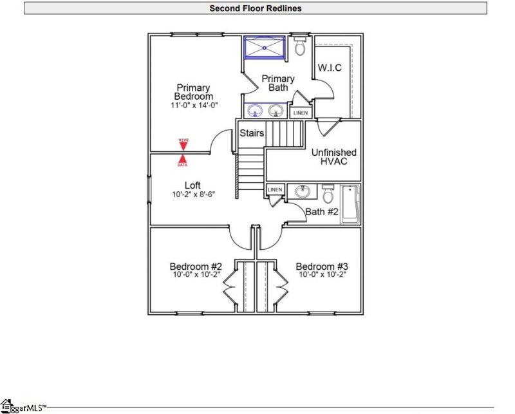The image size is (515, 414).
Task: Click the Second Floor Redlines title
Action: point(256,8)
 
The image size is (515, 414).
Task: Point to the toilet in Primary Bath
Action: point(299,46)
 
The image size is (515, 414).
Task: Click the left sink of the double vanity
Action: point(256,110)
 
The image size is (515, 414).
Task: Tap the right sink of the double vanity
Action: point(277,110)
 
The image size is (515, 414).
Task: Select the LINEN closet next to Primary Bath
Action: point(300,113)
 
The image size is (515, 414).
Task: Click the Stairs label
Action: point(252,133)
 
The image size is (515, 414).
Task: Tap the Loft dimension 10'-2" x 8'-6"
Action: point(193,194)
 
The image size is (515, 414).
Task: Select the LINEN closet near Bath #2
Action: point(275,190)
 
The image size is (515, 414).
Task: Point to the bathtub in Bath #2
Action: point(350,203)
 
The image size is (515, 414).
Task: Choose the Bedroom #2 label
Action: point(196,267)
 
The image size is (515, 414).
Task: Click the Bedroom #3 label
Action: point(321,267)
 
